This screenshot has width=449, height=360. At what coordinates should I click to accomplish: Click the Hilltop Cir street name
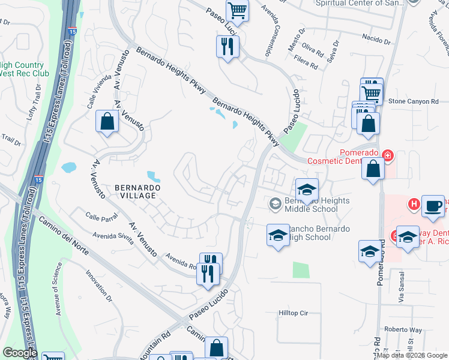pyautogui.click(x=293, y=313)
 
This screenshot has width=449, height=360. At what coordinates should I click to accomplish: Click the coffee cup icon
pyautogui.click(x=433, y=206)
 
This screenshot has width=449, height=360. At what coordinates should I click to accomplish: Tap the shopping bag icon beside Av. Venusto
pyautogui.click(x=107, y=122)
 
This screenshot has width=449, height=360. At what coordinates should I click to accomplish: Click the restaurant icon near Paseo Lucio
pyautogui.click(x=228, y=46)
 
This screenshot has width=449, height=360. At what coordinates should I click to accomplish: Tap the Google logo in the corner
pyautogui.click(x=20, y=353)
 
